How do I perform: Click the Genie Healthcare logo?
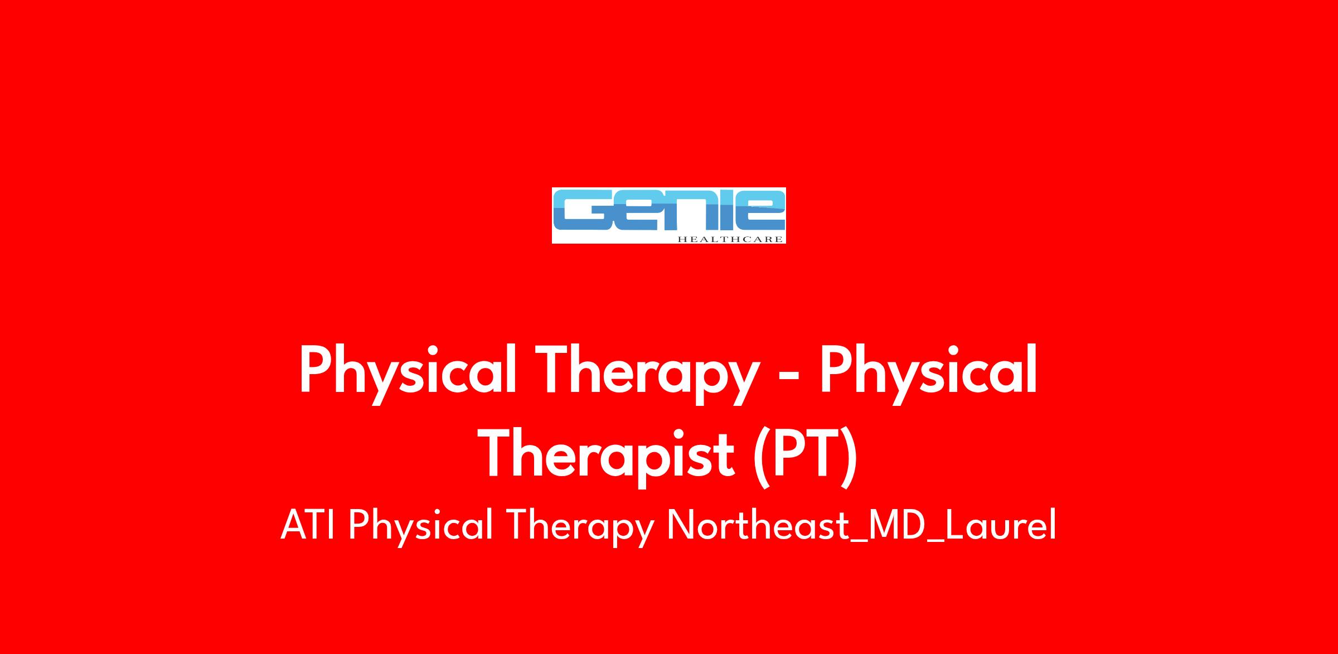pos(668,215)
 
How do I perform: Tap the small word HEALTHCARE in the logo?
pos(730,239)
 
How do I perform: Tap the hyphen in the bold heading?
pos(791,376)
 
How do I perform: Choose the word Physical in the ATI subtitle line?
pos(421,526)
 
